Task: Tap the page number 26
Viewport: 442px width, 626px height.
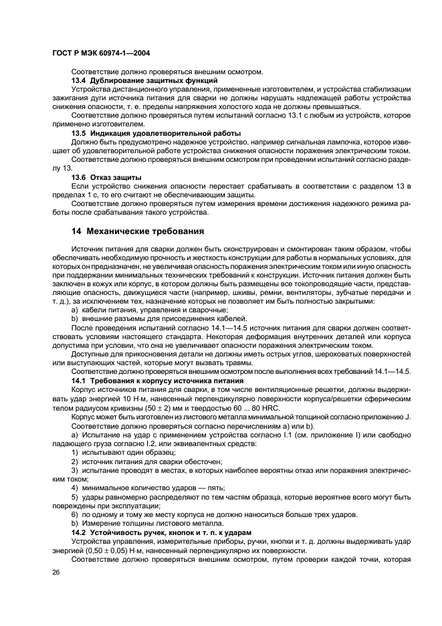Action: click(57, 572)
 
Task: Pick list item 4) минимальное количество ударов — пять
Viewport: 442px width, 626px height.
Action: click(148, 488)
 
